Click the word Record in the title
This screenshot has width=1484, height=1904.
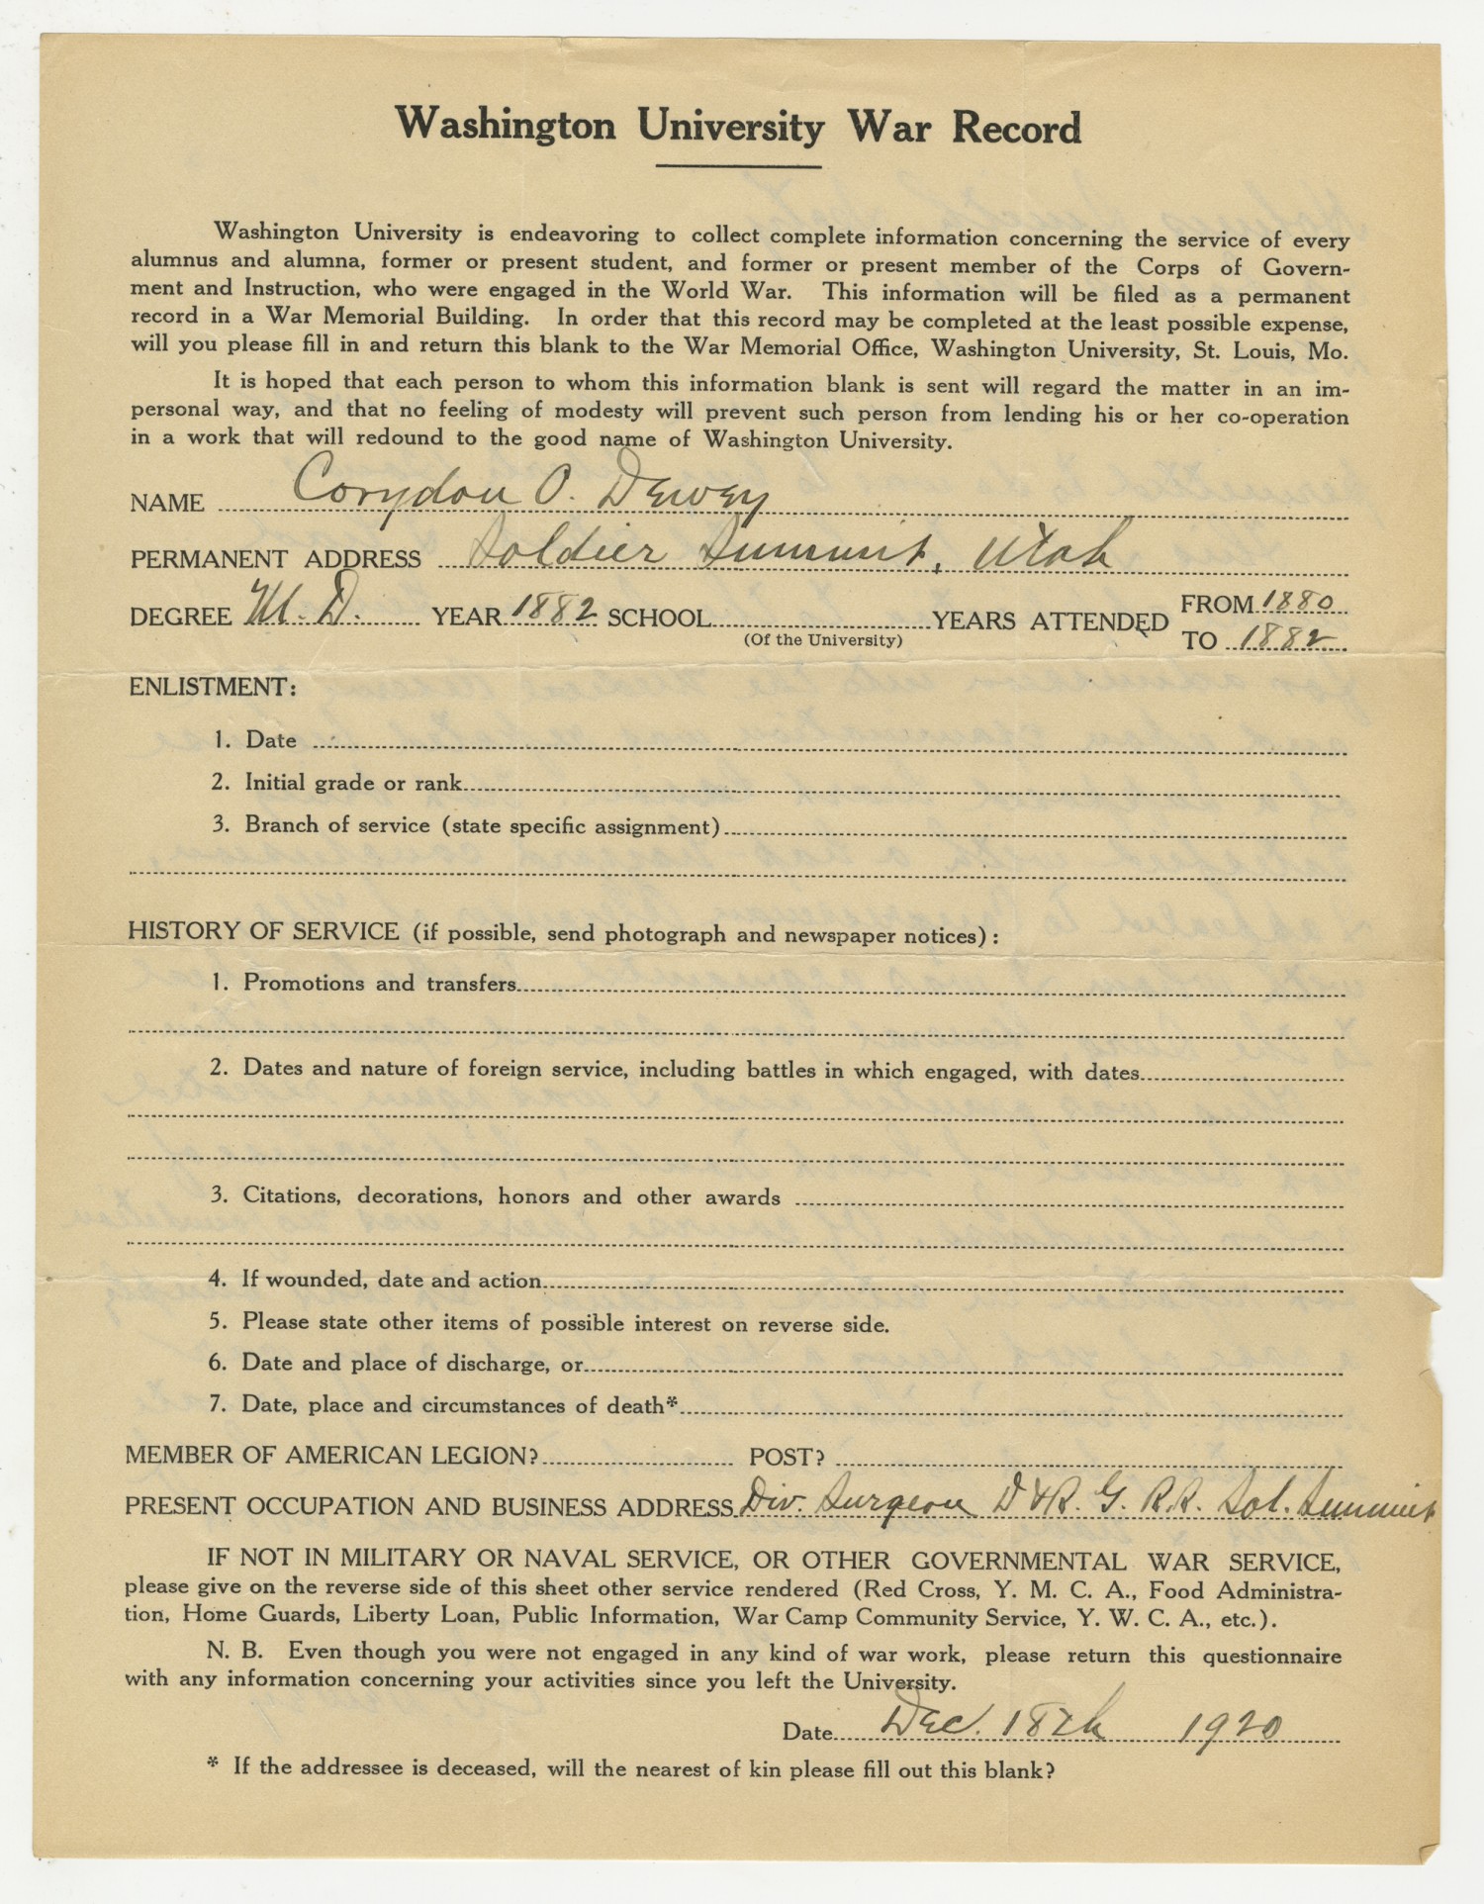(x=1016, y=129)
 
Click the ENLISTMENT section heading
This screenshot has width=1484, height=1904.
(x=213, y=687)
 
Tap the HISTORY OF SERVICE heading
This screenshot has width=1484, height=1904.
(x=264, y=931)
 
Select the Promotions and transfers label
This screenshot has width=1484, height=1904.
(x=380, y=984)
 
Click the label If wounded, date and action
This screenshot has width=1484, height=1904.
(x=392, y=1280)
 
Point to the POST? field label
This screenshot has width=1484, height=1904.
(x=787, y=1457)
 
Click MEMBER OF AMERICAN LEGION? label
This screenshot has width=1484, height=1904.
(x=331, y=1456)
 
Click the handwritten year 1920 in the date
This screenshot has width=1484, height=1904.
(x=1231, y=1728)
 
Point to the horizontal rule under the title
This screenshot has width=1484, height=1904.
(x=738, y=166)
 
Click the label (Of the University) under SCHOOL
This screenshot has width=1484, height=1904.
(x=823, y=640)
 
